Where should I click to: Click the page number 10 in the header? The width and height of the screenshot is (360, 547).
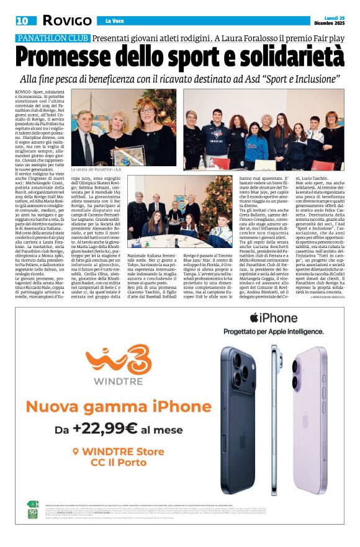[x=22, y=20]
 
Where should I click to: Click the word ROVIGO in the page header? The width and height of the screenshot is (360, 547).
[x=66, y=20]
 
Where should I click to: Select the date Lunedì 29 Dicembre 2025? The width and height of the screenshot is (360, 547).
[x=328, y=20]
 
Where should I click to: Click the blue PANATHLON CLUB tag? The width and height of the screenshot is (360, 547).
[x=53, y=38]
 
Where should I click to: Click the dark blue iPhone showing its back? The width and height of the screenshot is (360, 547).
[x=246, y=409]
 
